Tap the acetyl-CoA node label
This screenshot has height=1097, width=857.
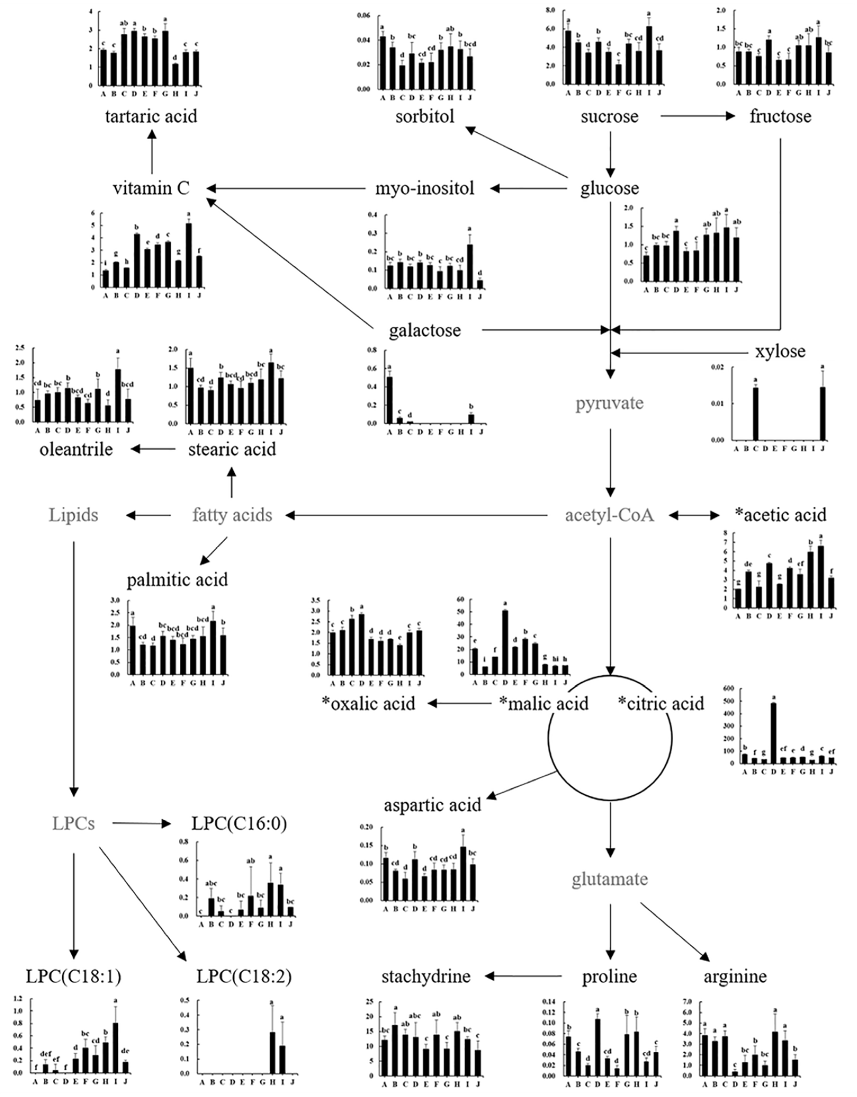(x=610, y=515)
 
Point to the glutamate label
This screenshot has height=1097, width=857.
(x=610, y=879)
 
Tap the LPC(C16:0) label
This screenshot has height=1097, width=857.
(x=239, y=824)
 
